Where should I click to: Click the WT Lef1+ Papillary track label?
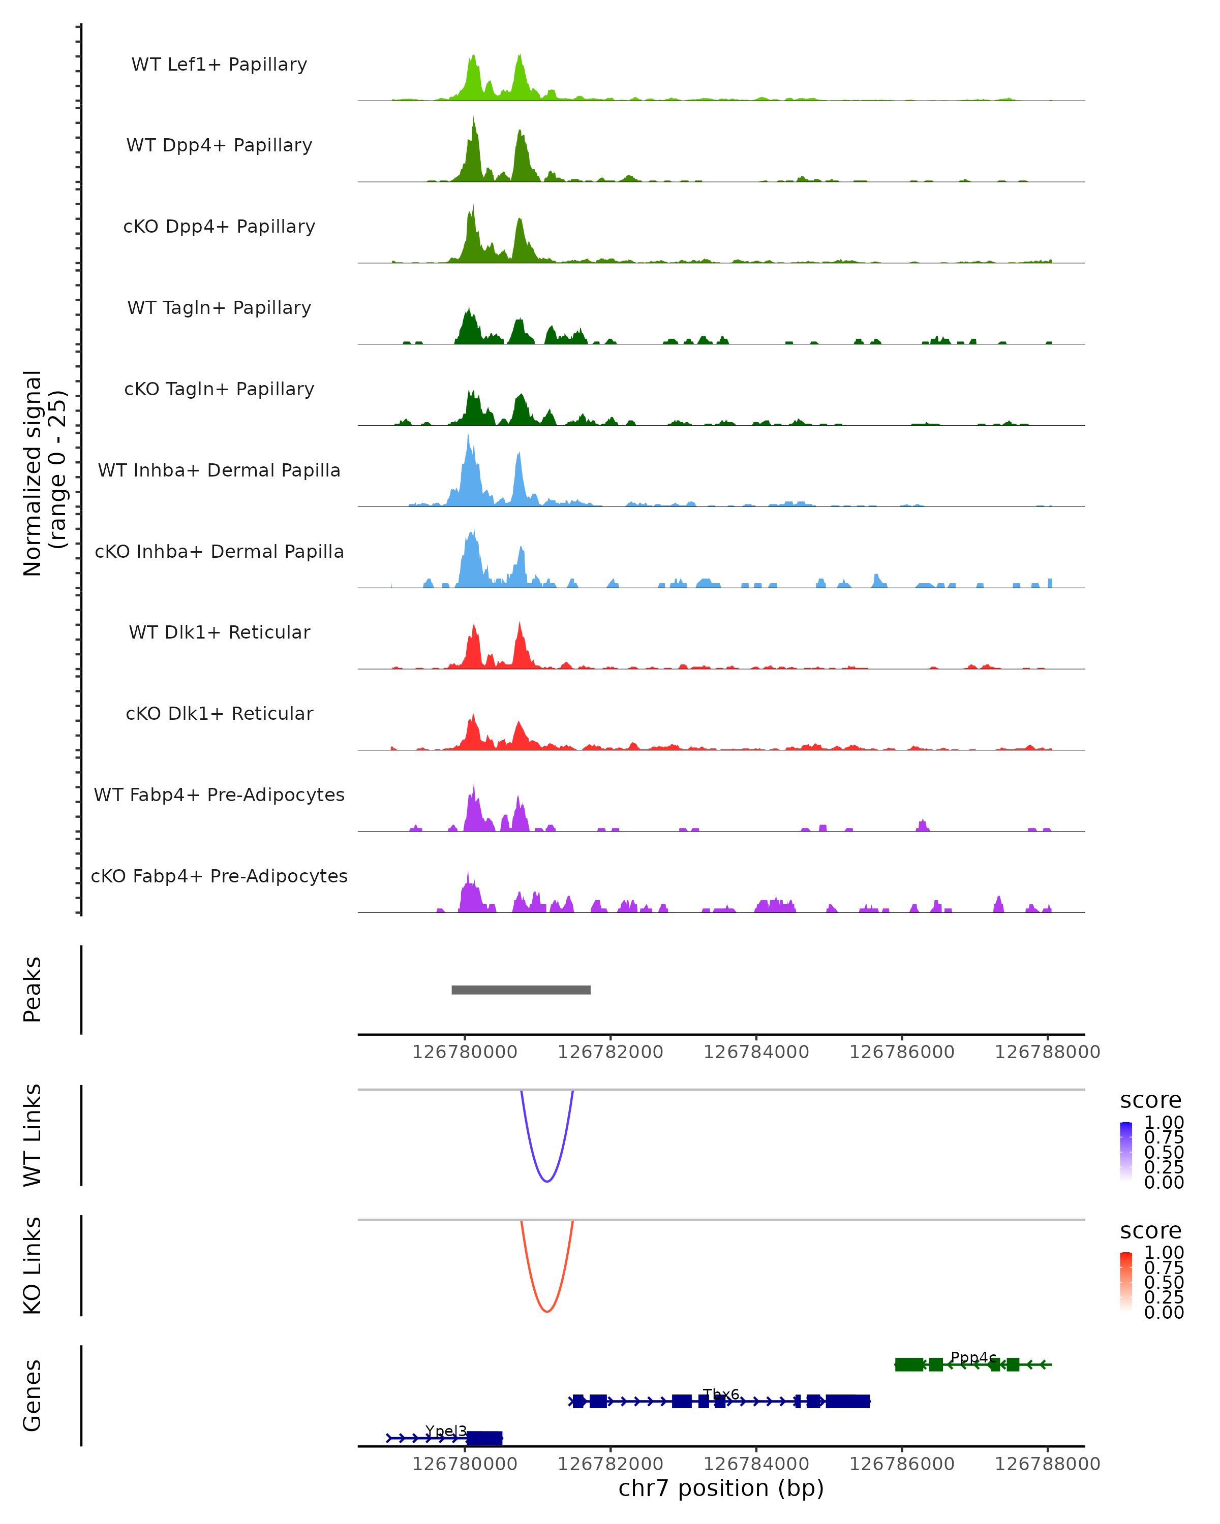[x=219, y=65]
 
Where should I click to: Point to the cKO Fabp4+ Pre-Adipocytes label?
[x=219, y=876]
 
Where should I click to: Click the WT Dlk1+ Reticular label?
[x=219, y=632]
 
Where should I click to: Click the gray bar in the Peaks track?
[x=521, y=990]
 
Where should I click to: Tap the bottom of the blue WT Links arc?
[x=546, y=1181]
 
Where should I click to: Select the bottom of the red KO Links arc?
[x=546, y=1311]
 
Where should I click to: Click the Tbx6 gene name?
[x=721, y=1394]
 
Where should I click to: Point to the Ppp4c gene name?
[x=973, y=1357]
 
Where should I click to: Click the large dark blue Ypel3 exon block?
[x=484, y=1438]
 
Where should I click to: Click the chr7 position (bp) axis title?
[x=721, y=1488]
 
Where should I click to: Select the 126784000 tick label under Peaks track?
[x=756, y=1052]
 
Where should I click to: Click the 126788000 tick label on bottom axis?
[x=1048, y=1464]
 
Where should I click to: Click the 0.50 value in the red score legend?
[x=1164, y=1282]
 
